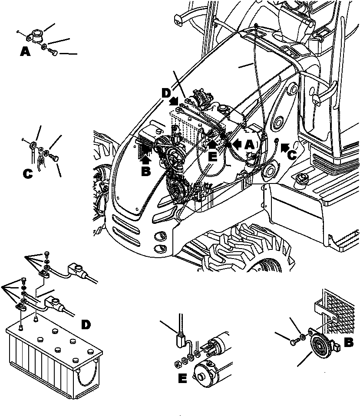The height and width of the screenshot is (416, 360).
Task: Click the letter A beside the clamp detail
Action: pos(25,52)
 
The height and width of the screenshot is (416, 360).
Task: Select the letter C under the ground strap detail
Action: pos(27,174)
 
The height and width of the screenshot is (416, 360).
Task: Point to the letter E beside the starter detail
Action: pos(182,379)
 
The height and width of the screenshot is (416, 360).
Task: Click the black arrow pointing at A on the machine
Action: pos(237,143)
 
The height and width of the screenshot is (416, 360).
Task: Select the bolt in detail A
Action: pos(53,52)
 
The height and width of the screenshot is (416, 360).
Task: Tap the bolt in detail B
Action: pos(294,343)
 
